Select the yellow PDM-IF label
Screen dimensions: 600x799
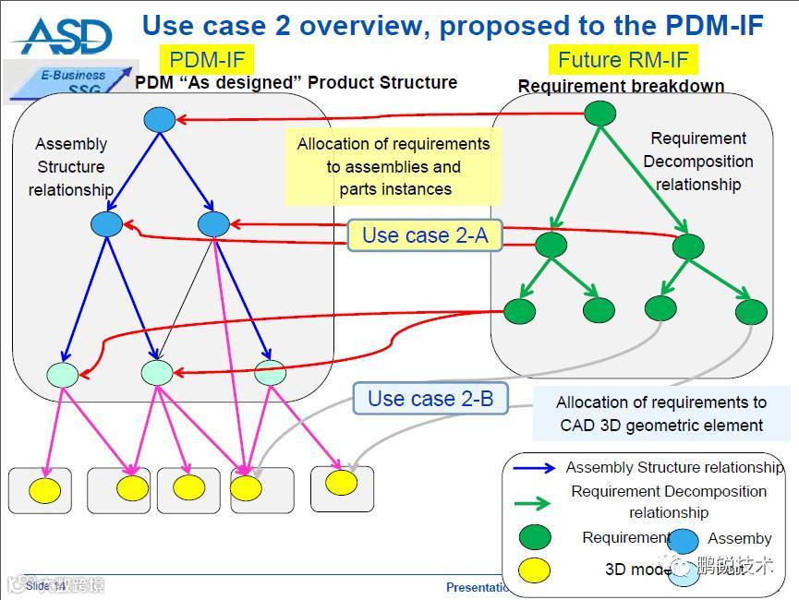208,61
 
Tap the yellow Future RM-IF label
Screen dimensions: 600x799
623,61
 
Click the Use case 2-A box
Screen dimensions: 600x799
425,235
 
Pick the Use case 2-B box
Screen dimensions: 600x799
430,399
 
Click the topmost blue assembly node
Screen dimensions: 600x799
160,119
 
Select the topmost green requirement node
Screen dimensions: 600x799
600,113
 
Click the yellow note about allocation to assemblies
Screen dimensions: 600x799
393,167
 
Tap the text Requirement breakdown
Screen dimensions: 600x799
621,87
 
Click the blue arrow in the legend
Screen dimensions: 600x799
535,468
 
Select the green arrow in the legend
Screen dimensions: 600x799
535,502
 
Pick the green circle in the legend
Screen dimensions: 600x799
536,537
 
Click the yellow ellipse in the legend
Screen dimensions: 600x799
536,569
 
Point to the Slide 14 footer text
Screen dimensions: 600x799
45,586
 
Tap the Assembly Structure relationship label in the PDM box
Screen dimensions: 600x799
71,167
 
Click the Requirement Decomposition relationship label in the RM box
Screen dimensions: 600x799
698,162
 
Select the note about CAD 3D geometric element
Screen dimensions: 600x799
661,414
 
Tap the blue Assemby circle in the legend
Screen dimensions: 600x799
684,542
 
